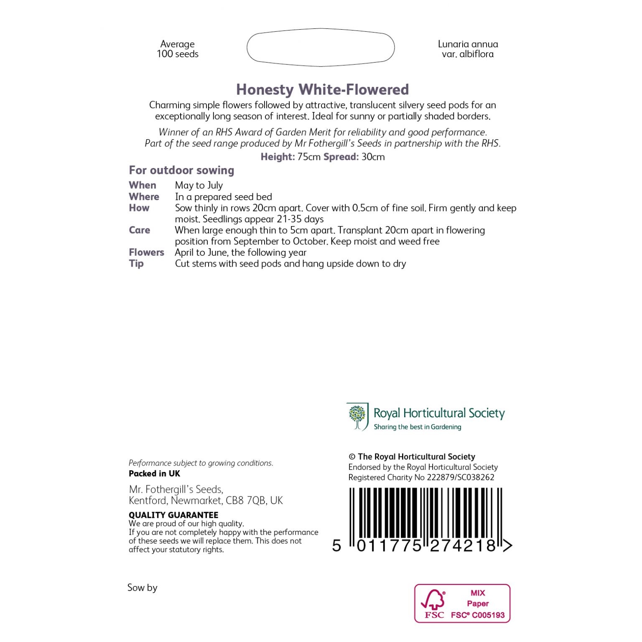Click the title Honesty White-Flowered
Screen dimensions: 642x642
click(322, 89)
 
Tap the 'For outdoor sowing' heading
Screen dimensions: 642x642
click(181, 170)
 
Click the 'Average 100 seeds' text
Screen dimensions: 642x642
click(178, 49)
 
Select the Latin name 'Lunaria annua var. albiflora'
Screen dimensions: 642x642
click(468, 49)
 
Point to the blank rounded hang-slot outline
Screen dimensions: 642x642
click(321, 47)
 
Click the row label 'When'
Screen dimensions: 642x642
click(143, 185)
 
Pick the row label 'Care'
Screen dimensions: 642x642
click(139, 230)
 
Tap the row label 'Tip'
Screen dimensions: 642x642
click(136, 263)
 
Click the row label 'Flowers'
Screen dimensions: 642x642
click(146, 252)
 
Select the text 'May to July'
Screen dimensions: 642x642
click(199, 185)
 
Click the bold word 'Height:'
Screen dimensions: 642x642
click(278, 157)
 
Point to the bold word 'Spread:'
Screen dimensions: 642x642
click(341, 157)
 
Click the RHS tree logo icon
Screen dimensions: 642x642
click(357, 416)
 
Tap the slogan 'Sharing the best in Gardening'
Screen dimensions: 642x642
click(417, 427)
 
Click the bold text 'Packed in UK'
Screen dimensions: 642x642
click(154, 474)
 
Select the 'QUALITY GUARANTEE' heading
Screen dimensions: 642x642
click(173, 515)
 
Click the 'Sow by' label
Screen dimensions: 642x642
click(142, 587)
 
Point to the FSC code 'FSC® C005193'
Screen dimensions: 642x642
click(478, 615)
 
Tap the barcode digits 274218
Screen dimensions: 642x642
click(463, 545)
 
